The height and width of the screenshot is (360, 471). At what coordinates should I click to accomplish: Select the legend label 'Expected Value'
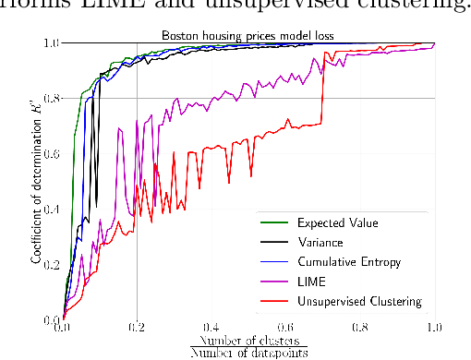331,223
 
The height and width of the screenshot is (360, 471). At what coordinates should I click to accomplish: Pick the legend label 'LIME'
311,282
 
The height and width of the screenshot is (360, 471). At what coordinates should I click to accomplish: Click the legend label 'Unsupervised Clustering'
359,302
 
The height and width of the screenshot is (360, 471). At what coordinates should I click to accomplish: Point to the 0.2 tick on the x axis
137,327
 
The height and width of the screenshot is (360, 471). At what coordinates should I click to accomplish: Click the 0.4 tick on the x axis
211,327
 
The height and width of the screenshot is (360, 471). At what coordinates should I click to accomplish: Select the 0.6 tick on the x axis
285,327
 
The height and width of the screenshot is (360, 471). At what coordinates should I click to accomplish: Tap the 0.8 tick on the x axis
359,327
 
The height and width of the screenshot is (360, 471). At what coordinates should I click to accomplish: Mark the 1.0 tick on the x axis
433,327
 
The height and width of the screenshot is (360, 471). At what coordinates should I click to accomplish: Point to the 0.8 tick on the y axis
52,98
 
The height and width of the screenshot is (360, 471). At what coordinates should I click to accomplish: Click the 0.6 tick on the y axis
52,153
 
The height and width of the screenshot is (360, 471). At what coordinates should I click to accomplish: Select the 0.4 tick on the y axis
52,209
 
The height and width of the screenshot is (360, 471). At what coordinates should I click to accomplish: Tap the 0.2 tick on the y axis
52,264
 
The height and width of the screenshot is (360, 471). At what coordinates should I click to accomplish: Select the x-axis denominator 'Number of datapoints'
248,353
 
